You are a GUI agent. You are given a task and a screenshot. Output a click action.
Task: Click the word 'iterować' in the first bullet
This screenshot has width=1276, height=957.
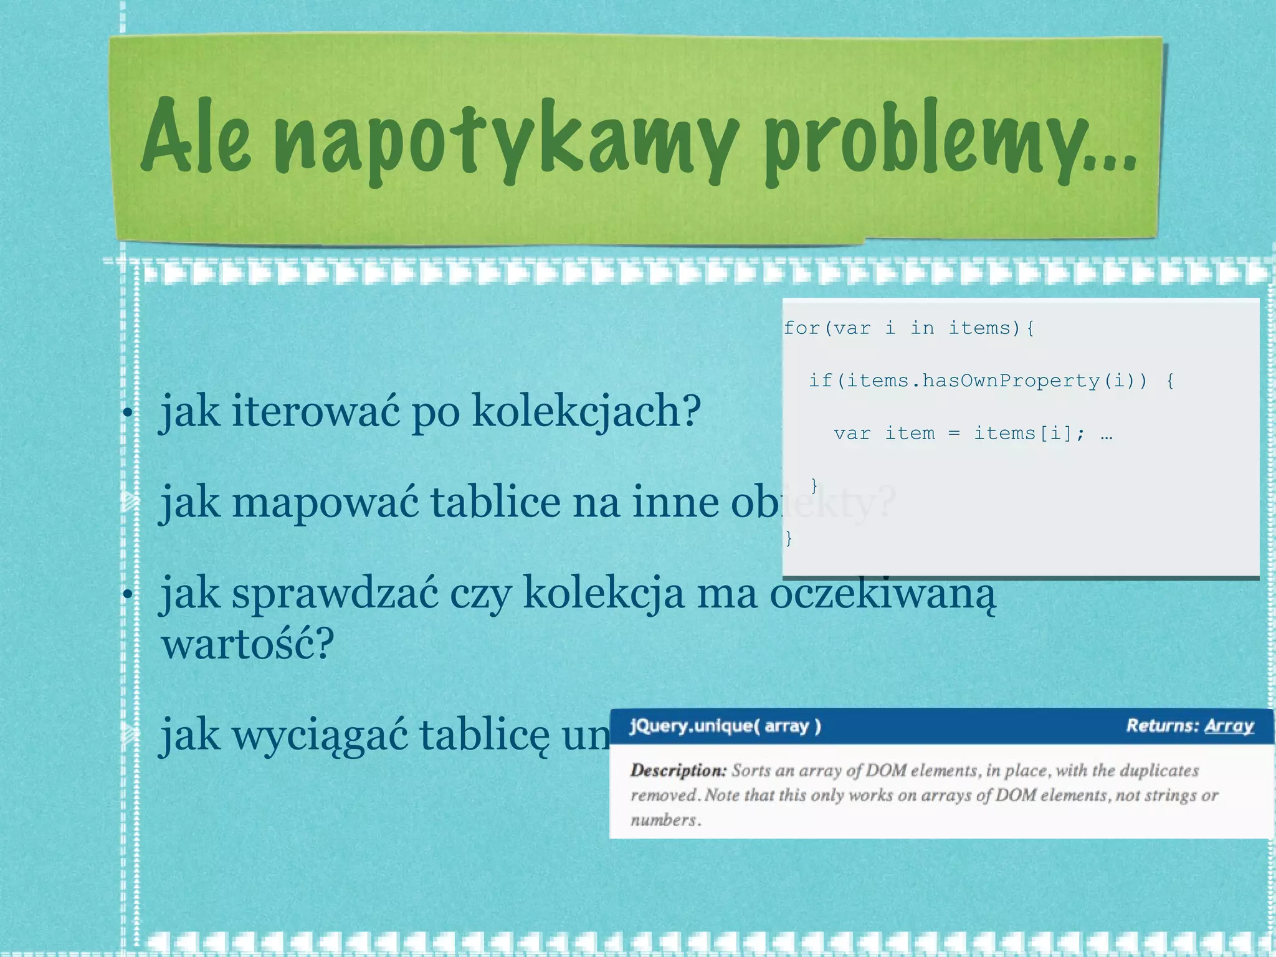click(315, 411)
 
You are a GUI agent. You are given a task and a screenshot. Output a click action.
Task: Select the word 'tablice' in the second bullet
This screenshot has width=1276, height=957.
click(495, 502)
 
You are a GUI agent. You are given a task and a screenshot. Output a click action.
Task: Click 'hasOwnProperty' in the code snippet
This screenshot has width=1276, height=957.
click(1011, 381)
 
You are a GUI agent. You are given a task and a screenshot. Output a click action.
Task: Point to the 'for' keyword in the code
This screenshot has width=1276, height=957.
click(801, 328)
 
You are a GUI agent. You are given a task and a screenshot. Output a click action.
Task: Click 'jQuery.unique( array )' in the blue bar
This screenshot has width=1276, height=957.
click(725, 726)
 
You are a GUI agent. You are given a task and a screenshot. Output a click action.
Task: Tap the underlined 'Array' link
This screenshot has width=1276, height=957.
click(1229, 726)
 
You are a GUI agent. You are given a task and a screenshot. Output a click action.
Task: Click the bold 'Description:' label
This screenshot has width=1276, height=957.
click(678, 771)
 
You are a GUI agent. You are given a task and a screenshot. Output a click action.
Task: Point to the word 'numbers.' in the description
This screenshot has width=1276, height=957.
click(665, 821)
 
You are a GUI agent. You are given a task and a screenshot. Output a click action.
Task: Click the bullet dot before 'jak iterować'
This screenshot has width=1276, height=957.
click(127, 413)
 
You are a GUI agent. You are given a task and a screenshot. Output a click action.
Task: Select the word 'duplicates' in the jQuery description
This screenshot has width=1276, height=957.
click(1159, 771)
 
